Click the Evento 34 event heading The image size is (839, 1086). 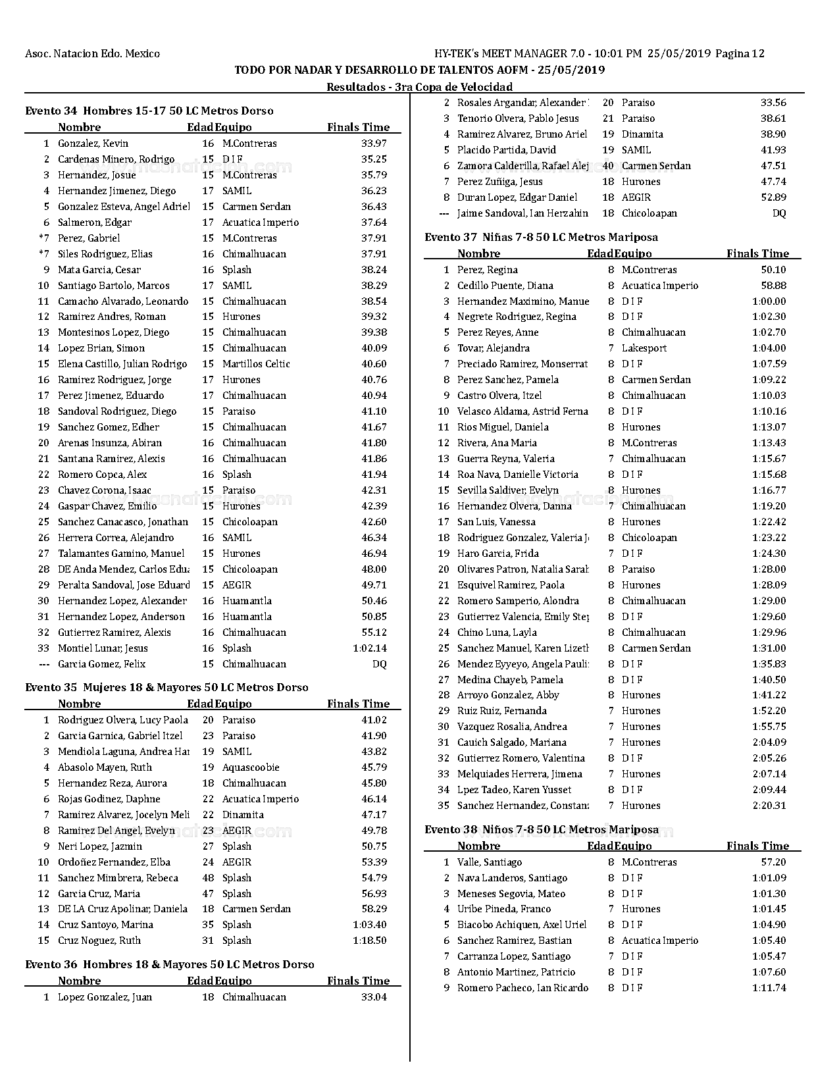[x=149, y=111]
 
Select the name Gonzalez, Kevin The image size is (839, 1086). [x=93, y=143]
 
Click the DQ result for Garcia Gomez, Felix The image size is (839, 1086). [x=380, y=664]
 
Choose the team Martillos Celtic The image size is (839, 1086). [x=256, y=364]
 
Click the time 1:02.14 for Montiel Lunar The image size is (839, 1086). [x=370, y=648]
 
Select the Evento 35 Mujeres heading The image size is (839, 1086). [x=166, y=687]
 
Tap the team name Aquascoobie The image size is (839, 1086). [x=251, y=767]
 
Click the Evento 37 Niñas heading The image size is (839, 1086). [x=541, y=237]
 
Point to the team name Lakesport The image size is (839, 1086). [x=644, y=348]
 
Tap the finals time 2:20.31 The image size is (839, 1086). [x=769, y=806]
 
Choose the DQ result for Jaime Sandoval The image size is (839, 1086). [x=779, y=213]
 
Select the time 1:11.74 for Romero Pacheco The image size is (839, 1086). [x=769, y=988]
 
